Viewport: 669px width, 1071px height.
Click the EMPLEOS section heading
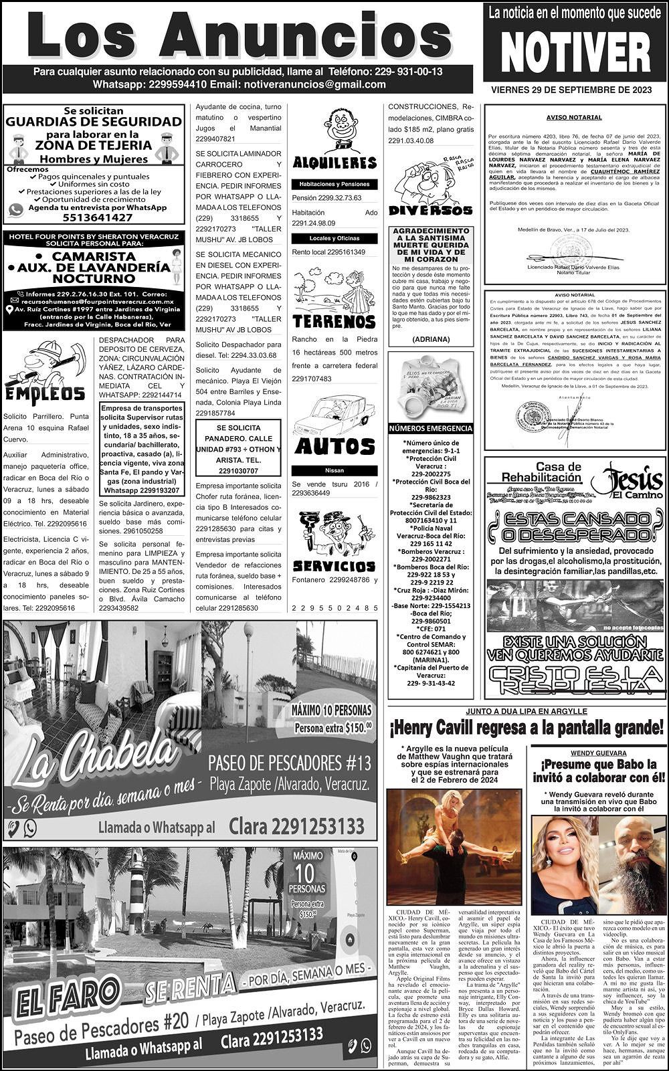click(45, 393)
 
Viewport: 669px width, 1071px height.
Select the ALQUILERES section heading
click(334, 163)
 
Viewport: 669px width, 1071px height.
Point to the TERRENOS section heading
click(334, 321)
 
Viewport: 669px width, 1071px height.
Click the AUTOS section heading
click(334, 446)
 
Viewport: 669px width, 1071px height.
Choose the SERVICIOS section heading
click(334, 565)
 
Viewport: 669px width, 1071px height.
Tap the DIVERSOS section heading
click(430, 210)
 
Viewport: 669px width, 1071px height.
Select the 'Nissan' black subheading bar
click(334, 470)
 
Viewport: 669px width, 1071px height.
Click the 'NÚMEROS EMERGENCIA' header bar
click(431, 428)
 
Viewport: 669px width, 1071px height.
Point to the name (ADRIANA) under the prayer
click(431, 339)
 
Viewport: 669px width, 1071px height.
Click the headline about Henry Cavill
click(526, 727)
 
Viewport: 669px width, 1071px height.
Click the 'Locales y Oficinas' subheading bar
click(334, 238)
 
